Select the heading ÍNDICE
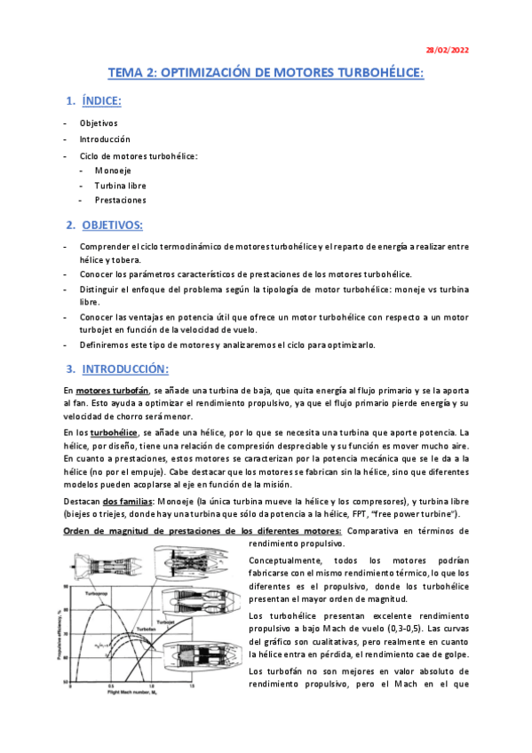coord(105,101)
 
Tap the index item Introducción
coord(105,139)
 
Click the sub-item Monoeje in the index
coord(113,170)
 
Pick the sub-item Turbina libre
coord(120,185)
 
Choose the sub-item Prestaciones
coord(120,200)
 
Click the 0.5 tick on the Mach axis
coord(110,686)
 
